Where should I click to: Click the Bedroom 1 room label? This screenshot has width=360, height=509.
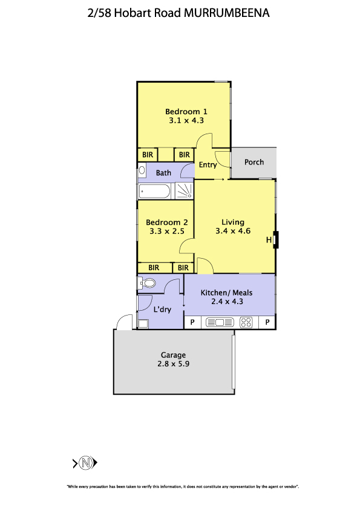click(186, 112)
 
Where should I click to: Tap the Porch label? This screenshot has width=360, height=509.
click(254, 162)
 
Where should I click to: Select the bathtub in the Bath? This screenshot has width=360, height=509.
click(155, 192)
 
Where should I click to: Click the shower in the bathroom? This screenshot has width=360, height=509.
click(184, 190)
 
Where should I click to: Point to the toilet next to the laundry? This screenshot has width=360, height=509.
click(146, 284)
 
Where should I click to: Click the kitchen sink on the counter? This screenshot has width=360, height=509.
click(220, 322)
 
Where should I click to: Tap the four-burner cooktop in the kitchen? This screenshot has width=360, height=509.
click(246, 322)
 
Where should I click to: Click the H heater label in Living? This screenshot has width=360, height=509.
click(269, 240)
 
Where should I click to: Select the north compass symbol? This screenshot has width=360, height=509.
click(85, 462)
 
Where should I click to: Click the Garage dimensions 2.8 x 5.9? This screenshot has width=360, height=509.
click(174, 364)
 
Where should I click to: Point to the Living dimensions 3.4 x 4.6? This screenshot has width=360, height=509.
click(233, 231)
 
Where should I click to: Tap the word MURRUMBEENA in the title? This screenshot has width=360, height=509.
click(227, 13)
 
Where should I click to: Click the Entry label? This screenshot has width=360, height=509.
click(208, 165)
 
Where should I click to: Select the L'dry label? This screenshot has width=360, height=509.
click(162, 310)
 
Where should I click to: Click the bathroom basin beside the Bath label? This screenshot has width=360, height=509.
click(142, 170)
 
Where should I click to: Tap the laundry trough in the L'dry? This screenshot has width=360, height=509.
click(143, 323)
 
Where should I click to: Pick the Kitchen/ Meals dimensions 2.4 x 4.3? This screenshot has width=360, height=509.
click(227, 302)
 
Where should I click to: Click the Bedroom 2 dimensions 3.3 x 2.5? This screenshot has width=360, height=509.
click(167, 232)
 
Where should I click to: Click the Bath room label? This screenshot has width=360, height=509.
click(163, 173)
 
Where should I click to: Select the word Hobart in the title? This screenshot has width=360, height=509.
click(133, 13)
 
